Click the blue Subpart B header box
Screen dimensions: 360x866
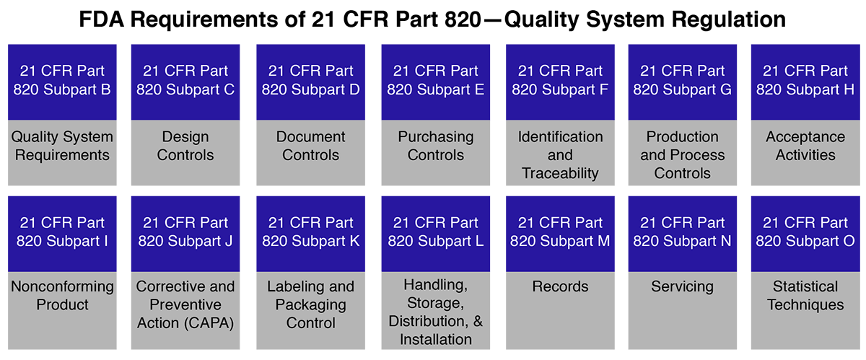[x=62, y=81]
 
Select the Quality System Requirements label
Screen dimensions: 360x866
[x=62, y=146]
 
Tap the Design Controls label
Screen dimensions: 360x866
[x=185, y=146]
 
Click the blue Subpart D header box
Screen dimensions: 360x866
[x=311, y=81]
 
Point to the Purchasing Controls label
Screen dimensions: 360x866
[x=436, y=146]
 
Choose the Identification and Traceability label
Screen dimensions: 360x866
[x=560, y=155]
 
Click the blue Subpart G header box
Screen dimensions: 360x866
[x=683, y=81]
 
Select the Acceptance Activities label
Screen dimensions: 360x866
[x=805, y=146]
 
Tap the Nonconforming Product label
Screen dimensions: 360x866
[x=62, y=295]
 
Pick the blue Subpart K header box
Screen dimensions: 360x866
[x=311, y=232]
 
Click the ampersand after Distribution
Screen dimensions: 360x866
[x=476, y=320]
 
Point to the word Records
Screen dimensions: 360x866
[x=560, y=286]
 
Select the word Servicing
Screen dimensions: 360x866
[x=683, y=286]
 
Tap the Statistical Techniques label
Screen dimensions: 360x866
[x=805, y=295]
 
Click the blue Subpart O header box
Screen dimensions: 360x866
[x=805, y=232]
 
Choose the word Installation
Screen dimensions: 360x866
[x=436, y=339]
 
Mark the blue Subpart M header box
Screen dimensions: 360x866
[x=560, y=232]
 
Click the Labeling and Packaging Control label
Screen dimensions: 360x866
[x=311, y=304]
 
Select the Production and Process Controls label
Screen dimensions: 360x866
[x=683, y=155]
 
